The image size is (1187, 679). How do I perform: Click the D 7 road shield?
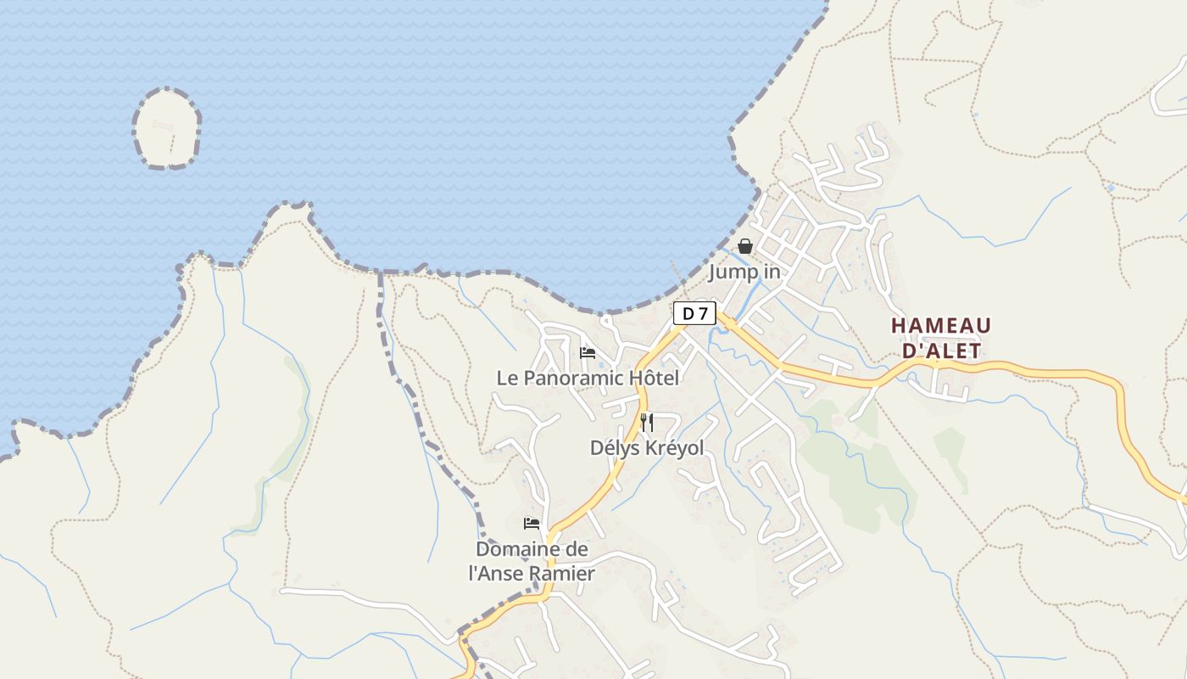point(694,313)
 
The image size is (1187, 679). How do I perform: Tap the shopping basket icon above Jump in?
point(744,246)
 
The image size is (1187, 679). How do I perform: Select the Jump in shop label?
point(744,272)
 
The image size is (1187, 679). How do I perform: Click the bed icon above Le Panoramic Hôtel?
point(587,353)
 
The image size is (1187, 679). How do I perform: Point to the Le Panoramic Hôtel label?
point(588,378)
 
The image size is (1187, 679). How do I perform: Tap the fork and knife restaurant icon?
point(646,423)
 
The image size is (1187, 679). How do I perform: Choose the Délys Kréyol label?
point(647,447)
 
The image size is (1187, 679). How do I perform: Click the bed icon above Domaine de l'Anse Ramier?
point(532,523)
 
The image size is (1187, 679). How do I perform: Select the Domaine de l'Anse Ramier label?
point(532,561)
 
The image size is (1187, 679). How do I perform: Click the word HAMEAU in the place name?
point(941,326)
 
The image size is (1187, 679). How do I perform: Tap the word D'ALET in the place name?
point(941,351)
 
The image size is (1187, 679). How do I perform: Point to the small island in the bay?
point(166,128)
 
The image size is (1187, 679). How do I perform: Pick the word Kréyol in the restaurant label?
point(672,447)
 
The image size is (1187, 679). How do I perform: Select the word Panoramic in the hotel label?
point(582,378)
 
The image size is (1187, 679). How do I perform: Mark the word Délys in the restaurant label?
point(613,447)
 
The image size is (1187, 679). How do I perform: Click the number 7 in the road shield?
point(702,313)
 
